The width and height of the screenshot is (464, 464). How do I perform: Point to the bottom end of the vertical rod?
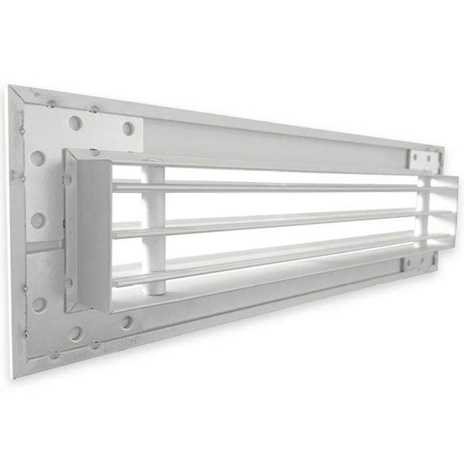click(154, 291)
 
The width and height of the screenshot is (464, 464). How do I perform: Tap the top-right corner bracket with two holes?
click(423, 159)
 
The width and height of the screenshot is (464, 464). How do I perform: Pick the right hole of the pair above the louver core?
click(127, 129)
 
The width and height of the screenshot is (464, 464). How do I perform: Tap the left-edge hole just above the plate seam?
click(38, 220)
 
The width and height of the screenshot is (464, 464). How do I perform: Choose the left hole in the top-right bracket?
click(416, 158)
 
